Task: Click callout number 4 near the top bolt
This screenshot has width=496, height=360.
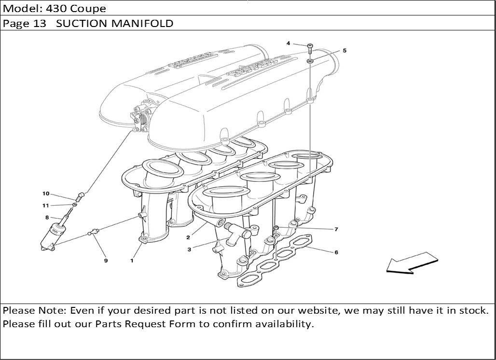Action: click(x=288, y=43)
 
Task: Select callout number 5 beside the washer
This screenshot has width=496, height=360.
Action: click(x=344, y=50)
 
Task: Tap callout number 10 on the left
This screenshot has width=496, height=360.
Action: click(x=46, y=194)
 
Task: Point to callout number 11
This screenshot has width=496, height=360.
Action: click(x=45, y=206)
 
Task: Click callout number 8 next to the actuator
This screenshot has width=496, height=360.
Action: click(x=47, y=217)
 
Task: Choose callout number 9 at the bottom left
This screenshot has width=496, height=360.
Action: click(x=106, y=261)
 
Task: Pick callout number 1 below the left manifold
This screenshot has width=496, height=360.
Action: click(x=132, y=261)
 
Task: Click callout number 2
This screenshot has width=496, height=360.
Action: click(x=188, y=237)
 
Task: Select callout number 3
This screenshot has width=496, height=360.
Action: click(x=189, y=249)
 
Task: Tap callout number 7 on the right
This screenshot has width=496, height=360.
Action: click(x=336, y=229)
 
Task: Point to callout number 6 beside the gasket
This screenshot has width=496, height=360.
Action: click(x=336, y=252)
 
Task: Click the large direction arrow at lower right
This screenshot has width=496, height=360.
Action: click(x=412, y=263)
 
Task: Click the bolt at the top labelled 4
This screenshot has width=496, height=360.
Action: click(x=310, y=48)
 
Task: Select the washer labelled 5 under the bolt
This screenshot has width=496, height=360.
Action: click(x=310, y=60)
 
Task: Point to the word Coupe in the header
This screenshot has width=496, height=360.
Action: click(x=88, y=9)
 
